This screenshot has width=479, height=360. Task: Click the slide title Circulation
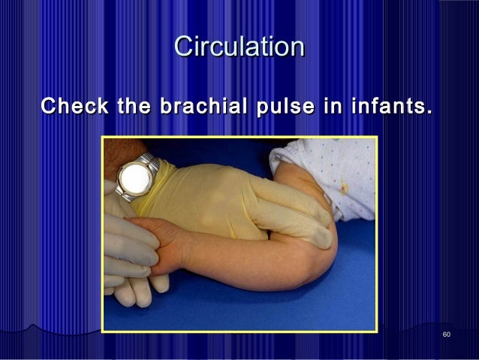pos(239,47)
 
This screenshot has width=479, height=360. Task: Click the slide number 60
pos(447,334)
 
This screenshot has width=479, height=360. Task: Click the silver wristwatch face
pos(133,177)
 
